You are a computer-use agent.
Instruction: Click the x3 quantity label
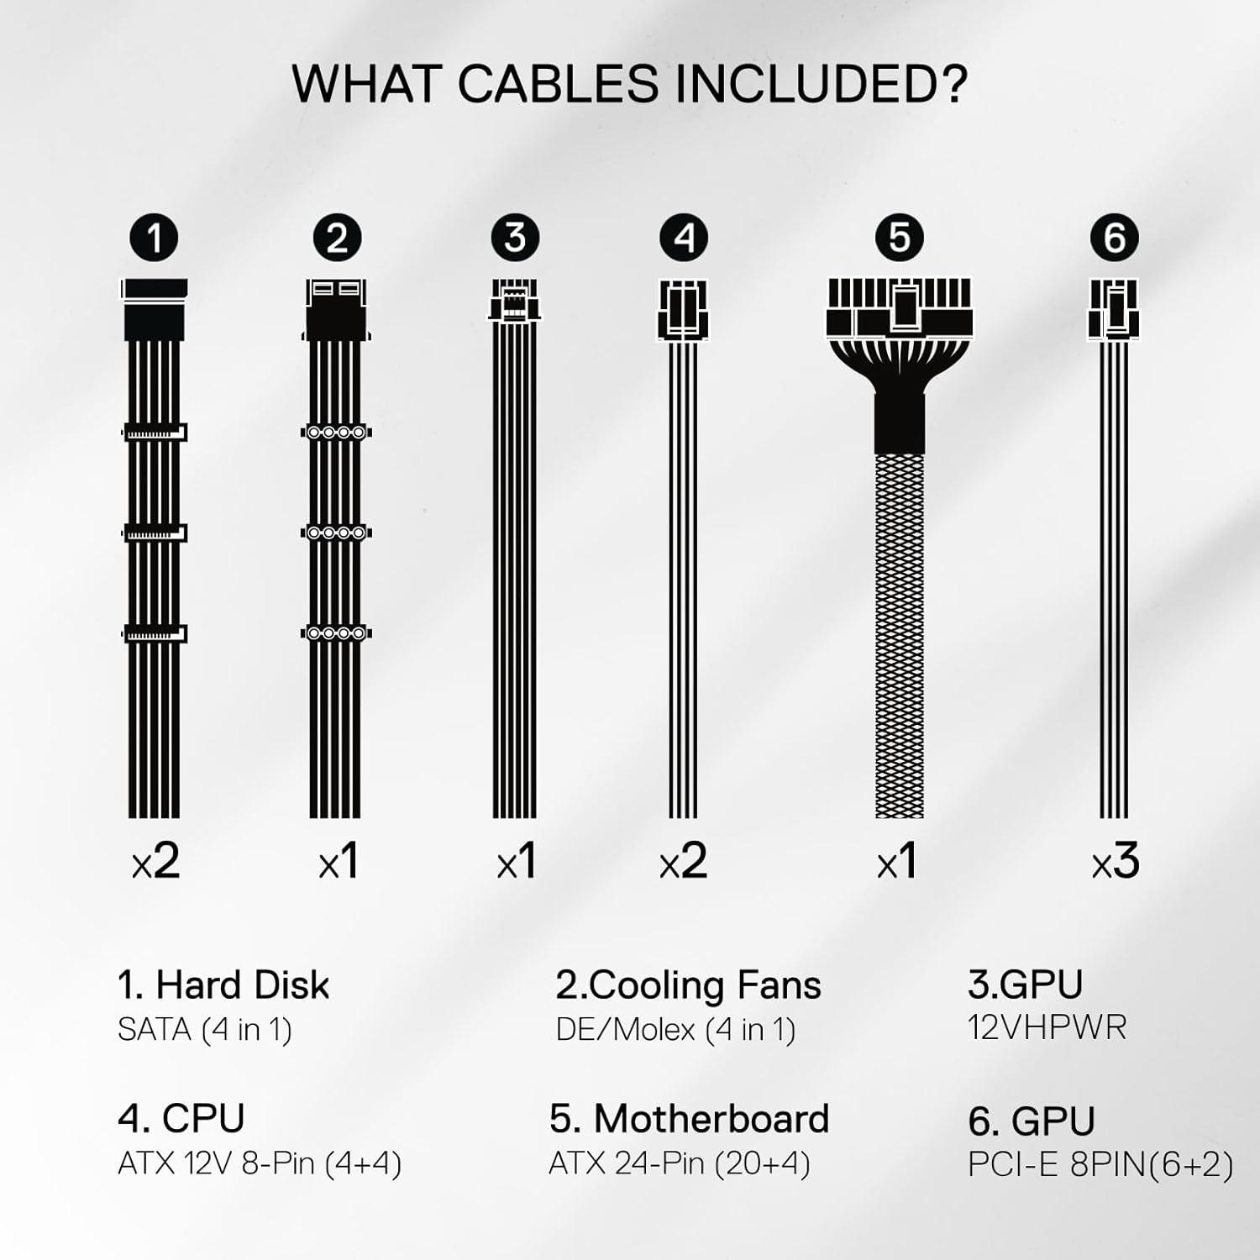[x=1115, y=862]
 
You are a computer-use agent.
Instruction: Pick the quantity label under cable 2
[x=338, y=862]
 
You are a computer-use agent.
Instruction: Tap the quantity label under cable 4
[x=683, y=862]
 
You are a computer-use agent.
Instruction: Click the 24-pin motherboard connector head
[x=899, y=307]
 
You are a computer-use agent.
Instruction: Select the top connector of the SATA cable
[x=155, y=310]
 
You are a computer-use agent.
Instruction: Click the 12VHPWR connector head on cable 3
[x=515, y=300]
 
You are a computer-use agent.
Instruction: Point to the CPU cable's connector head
[x=683, y=309]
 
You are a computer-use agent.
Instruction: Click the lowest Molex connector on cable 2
[x=337, y=633]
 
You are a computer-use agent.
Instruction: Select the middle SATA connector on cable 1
[x=155, y=533]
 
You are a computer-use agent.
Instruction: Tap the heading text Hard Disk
[x=243, y=984]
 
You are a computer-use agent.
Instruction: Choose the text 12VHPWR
[x=1047, y=1027]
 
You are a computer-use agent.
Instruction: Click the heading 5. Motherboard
[x=689, y=1119]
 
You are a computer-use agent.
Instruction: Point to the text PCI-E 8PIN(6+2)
[x=1100, y=1164]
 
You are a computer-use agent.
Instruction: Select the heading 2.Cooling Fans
[x=688, y=985]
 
